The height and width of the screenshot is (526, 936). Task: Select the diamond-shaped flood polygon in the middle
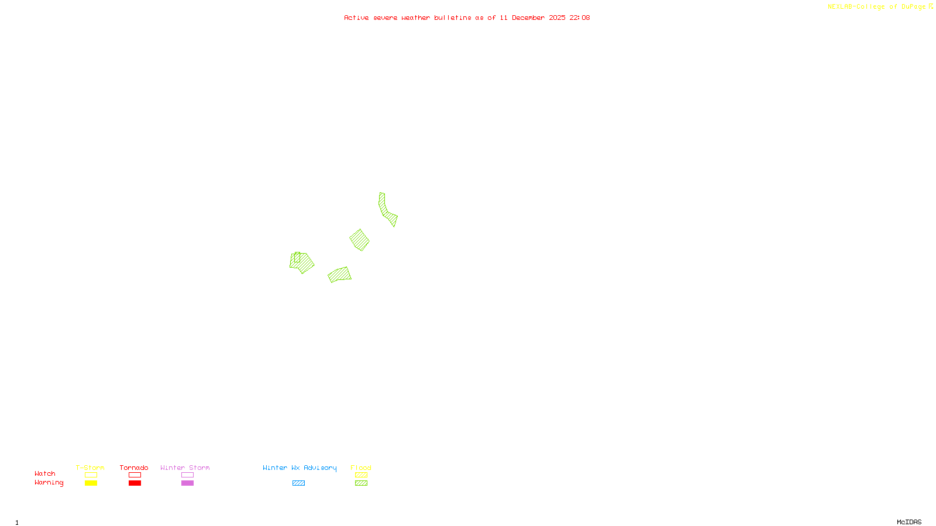pyautogui.click(x=360, y=240)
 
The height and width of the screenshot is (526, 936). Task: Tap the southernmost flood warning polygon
pyautogui.click(x=340, y=274)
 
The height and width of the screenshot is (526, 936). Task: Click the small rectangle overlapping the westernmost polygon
pyautogui.click(x=297, y=257)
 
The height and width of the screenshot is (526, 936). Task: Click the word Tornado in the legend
pyautogui.click(x=134, y=468)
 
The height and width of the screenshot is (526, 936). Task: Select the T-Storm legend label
pyautogui.click(x=90, y=468)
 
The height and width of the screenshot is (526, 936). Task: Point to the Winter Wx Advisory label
pyautogui.click(x=300, y=468)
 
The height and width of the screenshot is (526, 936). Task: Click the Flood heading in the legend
pyautogui.click(x=361, y=468)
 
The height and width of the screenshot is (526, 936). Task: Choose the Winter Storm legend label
pyautogui.click(x=185, y=468)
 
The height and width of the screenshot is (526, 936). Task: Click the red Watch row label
pyautogui.click(x=45, y=473)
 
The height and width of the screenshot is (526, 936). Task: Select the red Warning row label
pyautogui.click(x=49, y=483)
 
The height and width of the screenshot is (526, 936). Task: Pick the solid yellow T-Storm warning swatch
pyautogui.click(x=91, y=483)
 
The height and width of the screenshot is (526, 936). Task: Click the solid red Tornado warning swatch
pyautogui.click(x=135, y=483)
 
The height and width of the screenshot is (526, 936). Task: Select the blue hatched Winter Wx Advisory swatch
pyautogui.click(x=298, y=483)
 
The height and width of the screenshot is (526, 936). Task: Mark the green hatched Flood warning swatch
pyautogui.click(x=362, y=483)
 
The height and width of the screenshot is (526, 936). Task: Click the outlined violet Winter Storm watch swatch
pyautogui.click(x=187, y=475)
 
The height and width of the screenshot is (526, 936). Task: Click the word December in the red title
pyautogui.click(x=528, y=18)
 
